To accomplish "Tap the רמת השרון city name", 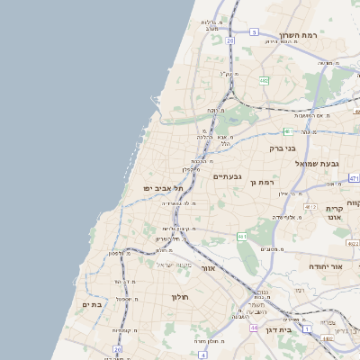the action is tap(300, 37).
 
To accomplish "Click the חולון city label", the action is tap(179, 296).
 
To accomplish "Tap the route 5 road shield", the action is tap(255, 32).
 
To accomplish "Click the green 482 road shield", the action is tap(264, 81).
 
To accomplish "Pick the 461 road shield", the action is tap(242, 236).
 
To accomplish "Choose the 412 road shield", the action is tap(310, 207).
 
